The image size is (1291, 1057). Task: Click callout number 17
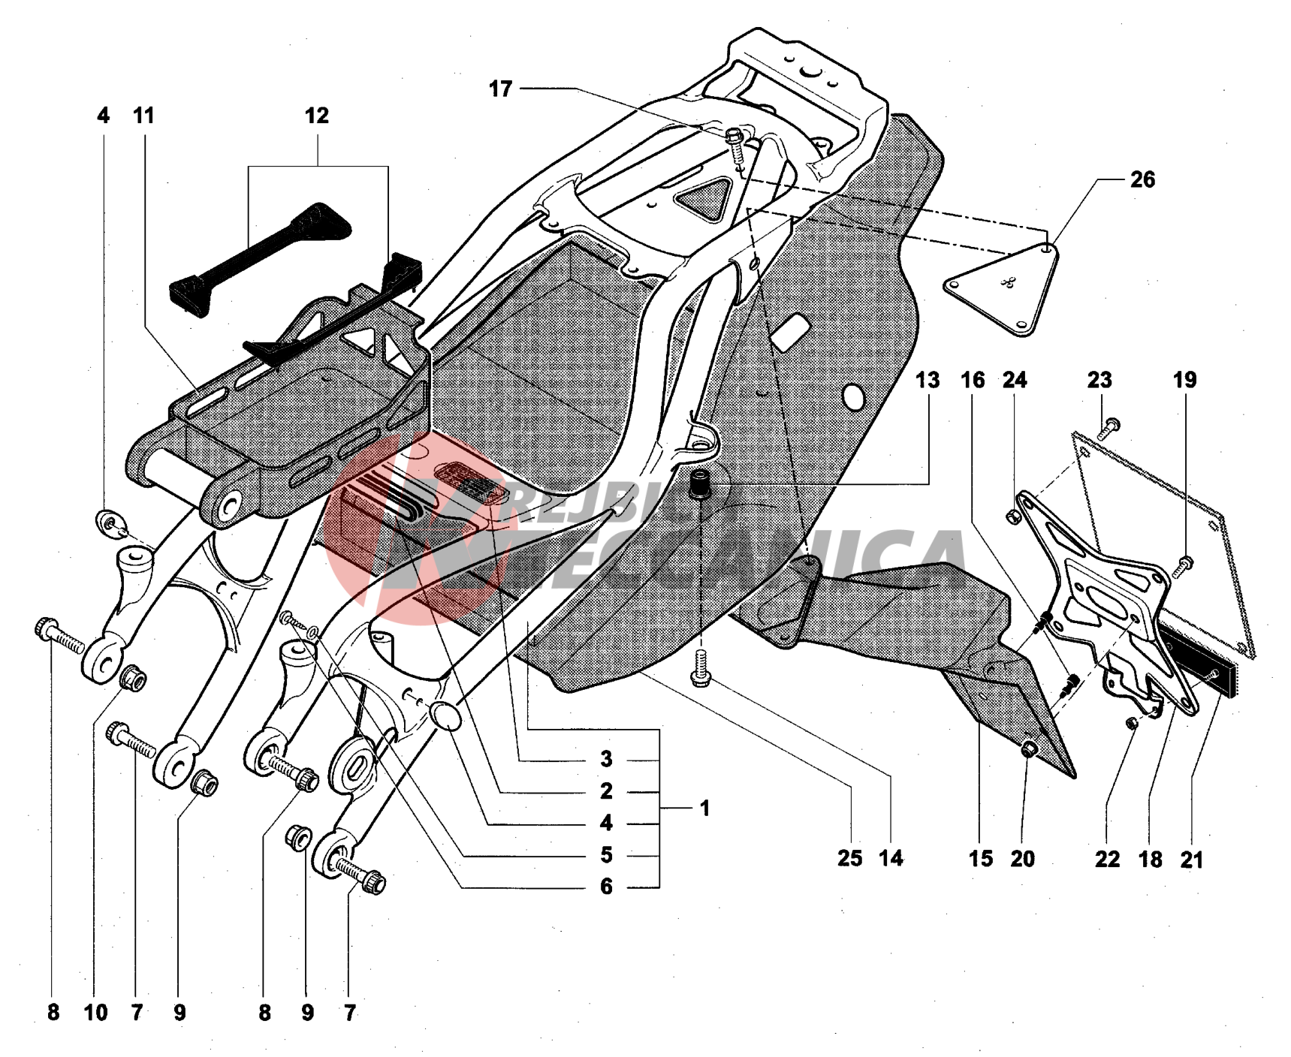(500, 89)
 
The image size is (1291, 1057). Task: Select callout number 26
(1142, 180)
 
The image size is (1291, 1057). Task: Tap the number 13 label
(928, 381)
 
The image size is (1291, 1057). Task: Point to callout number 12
(317, 116)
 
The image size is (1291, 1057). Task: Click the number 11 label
(143, 116)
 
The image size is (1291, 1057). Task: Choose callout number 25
(850, 859)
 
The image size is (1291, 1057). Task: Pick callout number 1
(704, 809)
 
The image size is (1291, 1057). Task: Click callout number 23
(1099, 381)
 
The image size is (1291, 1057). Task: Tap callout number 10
(95, 1013)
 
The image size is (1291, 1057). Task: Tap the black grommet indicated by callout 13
(701, 480)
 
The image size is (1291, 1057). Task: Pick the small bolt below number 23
(1110, 428)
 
